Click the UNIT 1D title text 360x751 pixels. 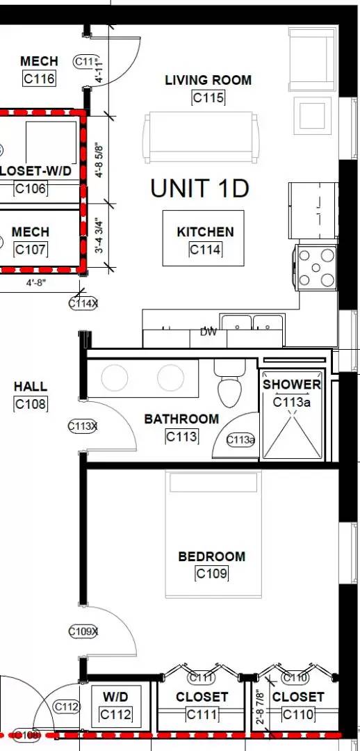click(199, 188)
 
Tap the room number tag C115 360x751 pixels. click(208, 98)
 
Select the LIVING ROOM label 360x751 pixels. click(208, 81)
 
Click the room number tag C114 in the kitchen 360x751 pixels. click(205, 250)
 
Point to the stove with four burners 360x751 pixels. click(317, 266)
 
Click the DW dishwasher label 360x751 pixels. click(208, 332)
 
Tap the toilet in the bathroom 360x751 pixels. click(228, 387)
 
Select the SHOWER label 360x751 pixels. click(292, 385)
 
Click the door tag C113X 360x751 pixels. click(83, 426)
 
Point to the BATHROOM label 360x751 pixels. click(181, 419)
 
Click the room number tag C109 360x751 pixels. click(212, 574)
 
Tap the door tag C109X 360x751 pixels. click(83, 631)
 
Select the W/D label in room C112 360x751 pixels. click(115, 696)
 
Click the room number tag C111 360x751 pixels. click(202, 714)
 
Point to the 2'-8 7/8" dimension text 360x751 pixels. click(261, 705)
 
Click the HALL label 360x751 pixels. click(31, 387)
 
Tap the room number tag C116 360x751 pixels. click(39, 79)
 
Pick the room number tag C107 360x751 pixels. click(31, 249)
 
